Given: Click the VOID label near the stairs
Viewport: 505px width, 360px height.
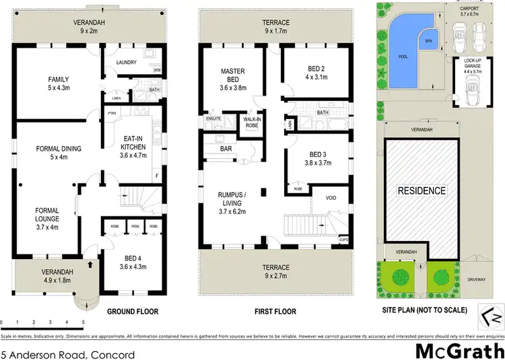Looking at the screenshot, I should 331,199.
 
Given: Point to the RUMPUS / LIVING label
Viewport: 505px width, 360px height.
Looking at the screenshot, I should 231,199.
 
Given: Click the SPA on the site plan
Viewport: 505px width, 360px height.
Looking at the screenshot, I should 427,41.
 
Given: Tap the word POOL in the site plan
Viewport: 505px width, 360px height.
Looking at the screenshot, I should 403,57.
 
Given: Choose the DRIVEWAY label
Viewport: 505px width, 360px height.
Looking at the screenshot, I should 479,279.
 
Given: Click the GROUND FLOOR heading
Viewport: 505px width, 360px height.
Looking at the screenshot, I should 133,312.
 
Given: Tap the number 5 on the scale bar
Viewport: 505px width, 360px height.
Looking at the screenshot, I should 83,322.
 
